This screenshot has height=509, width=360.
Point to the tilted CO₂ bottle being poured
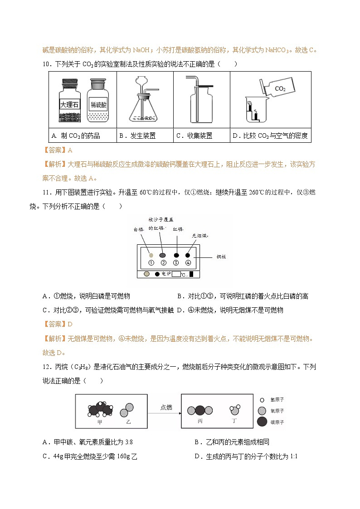pyautogui.click(x=276, y=88)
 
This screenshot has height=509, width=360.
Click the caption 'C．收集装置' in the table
pyautogui.click(x=194, y=136)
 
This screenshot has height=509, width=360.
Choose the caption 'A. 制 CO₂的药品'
pyautogui.click(x=76, y=136)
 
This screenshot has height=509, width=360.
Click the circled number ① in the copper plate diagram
pyautogui.click(x=151, y=263)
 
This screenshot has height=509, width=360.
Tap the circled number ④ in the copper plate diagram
pyautogui.click(x=188, y=263)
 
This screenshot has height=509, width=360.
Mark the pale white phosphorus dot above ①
pyautogui.click(x=151, y=255)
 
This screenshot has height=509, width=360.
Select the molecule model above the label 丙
pyautogui.click(x=200, y=411)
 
